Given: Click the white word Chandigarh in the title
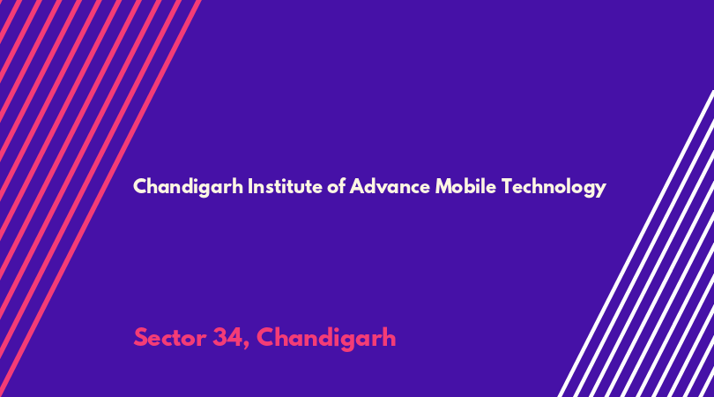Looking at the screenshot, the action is point(188,187).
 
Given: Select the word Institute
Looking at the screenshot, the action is point(285,186).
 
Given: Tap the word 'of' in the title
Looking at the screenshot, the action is point(337,186).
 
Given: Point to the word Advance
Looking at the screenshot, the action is point(390,186).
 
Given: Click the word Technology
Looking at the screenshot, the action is point(554,187).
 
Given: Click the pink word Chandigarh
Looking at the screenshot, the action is point(326,339).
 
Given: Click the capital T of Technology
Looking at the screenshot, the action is point(507,186).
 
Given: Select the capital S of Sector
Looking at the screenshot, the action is point(141,338).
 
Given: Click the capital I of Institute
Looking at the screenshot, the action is point(249,186).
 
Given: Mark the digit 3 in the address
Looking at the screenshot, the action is point(219,338).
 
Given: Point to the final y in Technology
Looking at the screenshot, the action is point(601,190).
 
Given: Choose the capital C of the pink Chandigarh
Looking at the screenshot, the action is point(266,338).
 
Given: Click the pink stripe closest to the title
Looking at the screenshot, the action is point(100,198).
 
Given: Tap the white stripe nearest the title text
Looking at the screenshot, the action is point(636,243).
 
